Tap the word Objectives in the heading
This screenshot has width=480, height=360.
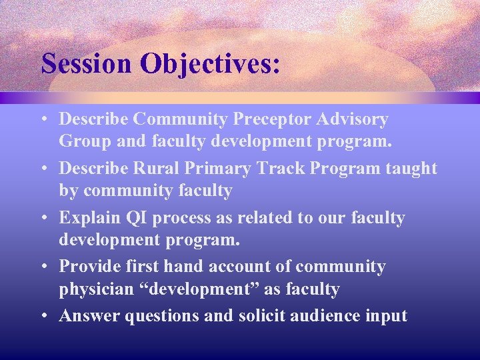coord(211,64)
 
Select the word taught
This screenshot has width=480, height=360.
coord(411,169)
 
